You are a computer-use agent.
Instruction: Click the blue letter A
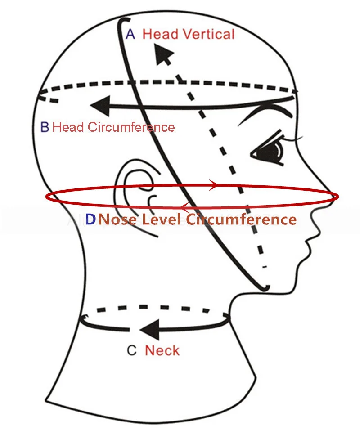pos(130,34)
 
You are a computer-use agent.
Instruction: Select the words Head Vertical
pos(189,34)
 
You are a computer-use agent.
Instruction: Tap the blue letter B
pos(45,127)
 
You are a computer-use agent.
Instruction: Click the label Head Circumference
pos(113,127)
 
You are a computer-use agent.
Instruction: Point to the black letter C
pos(131,350)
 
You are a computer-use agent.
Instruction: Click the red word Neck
pos(162,350)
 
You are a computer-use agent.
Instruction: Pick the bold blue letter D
pos(90,219)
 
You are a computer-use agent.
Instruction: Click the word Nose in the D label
pos(118,219)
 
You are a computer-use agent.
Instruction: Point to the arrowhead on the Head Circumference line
pos(100,106)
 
